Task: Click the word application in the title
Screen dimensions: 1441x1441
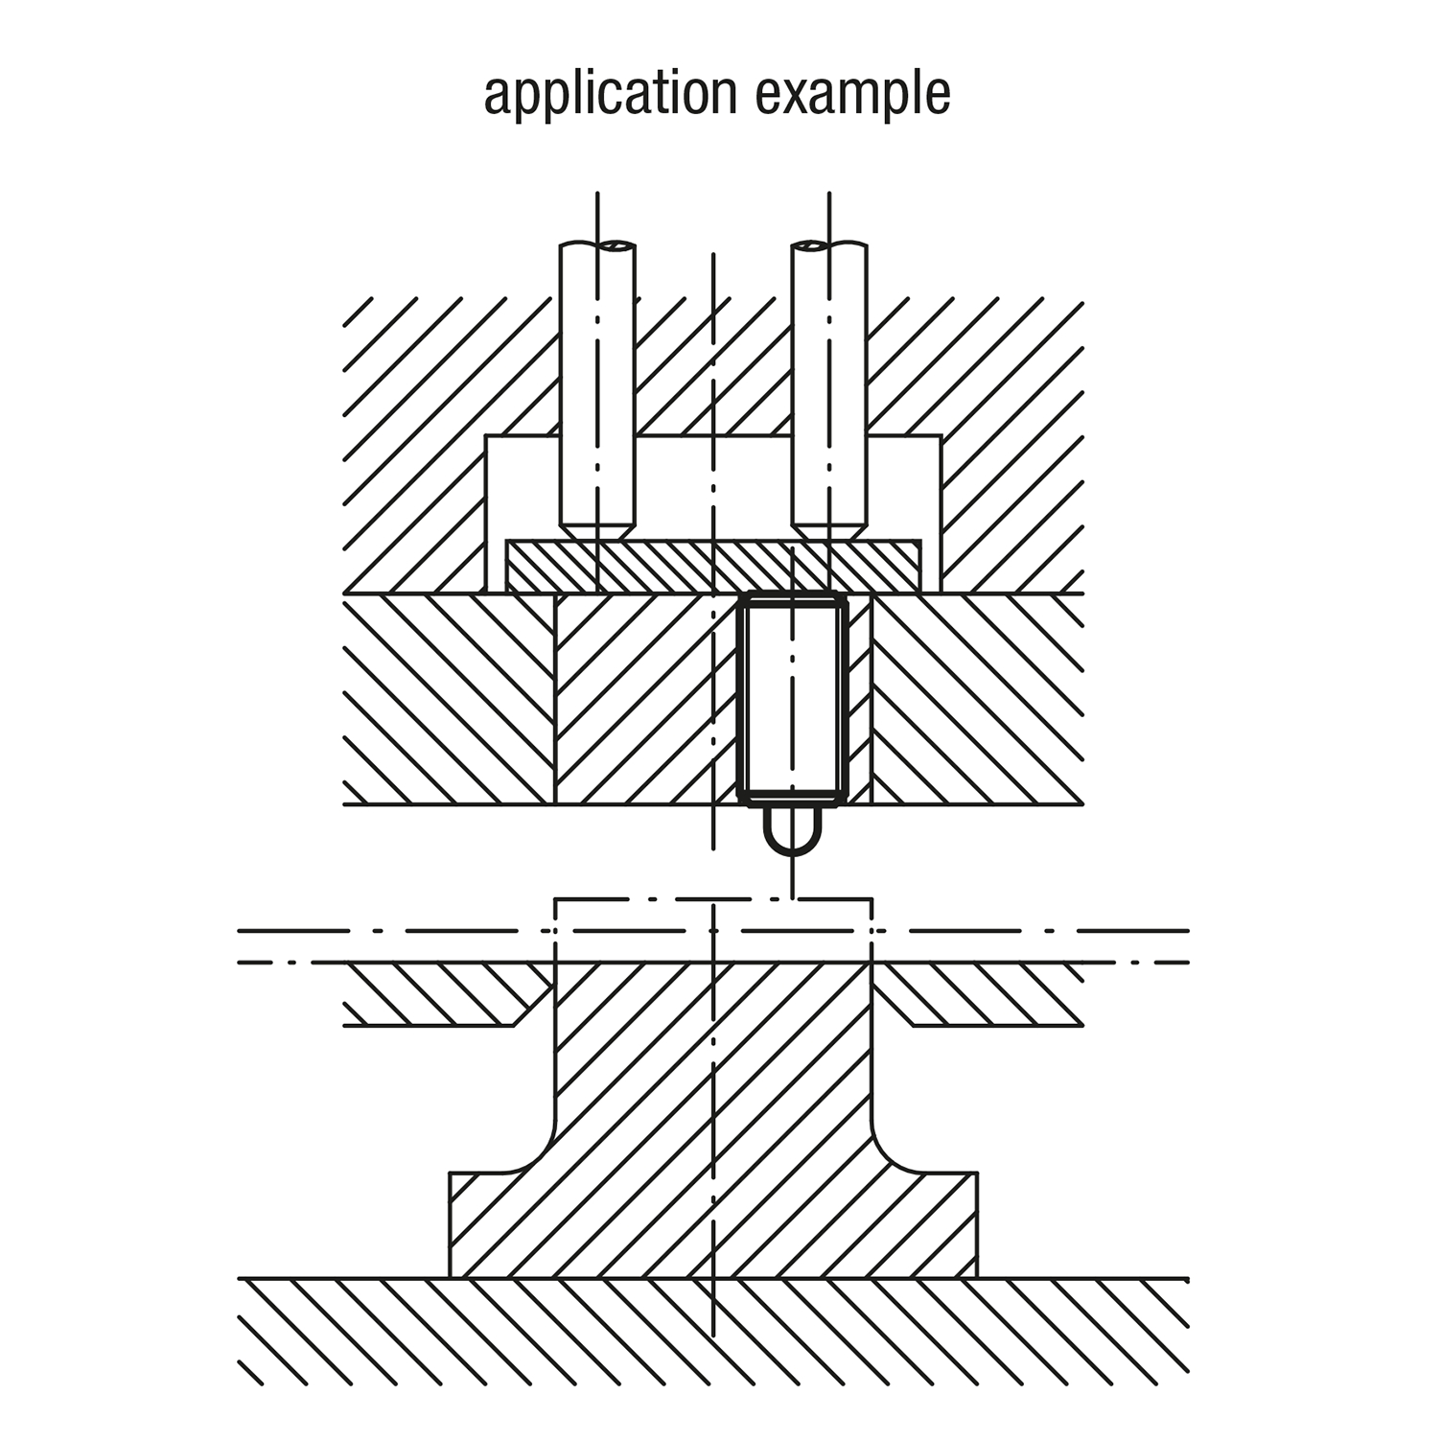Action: [x=610, y=93]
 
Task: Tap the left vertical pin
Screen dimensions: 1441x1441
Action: [x=597, y=383]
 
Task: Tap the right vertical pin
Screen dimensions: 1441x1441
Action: [x=829, y=383]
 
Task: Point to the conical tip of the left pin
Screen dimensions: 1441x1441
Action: [x=597, y=529]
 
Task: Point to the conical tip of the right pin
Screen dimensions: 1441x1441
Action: [x=829, y=529]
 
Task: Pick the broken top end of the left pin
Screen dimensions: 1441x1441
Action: [x=597, y=248]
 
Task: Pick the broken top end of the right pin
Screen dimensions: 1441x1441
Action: [x=829, y=248]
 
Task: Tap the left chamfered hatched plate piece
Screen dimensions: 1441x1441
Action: [x=441, y=993]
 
